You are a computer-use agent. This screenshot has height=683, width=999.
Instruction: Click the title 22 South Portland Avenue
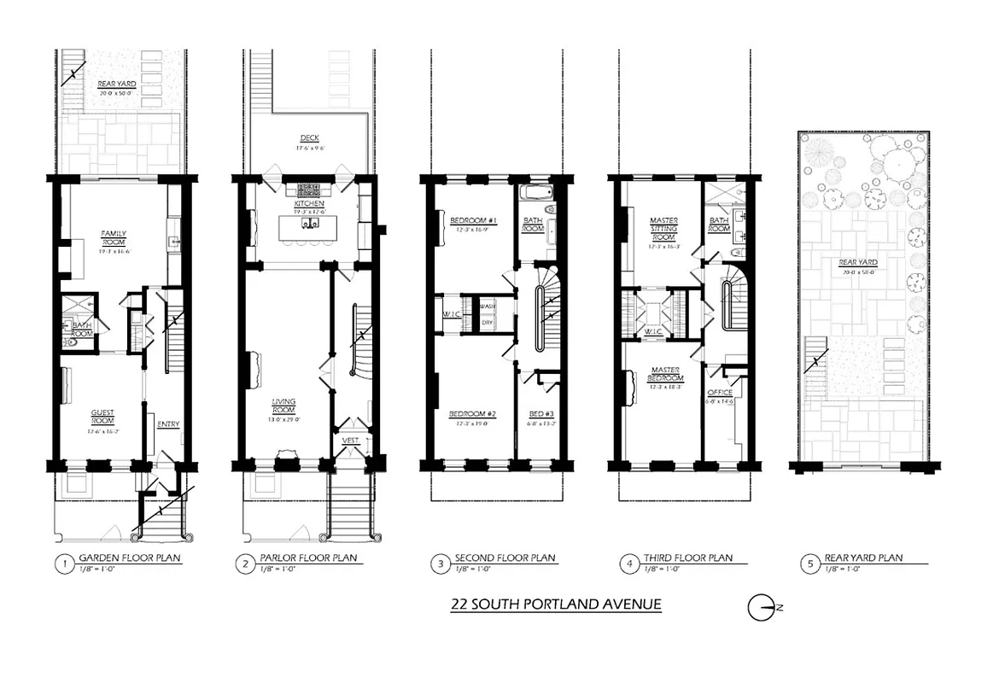pyautogui.click(x=556, y=605)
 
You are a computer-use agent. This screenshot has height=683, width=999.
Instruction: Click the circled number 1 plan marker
pyautogui.click(x=61, y=563)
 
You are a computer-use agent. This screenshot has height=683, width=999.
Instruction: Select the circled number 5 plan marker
pyautogui.click(x=808, y=563)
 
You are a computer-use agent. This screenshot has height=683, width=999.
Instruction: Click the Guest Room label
pyautogui.click(x=103, y=417)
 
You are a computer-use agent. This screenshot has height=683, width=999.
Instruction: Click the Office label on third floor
pyautogui.click(x=720, y=393)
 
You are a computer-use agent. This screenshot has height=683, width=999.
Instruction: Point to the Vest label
pyautogui.click(x=351, y=441)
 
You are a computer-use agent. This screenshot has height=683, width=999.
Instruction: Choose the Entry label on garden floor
pyautogui.click(x=168, y=425)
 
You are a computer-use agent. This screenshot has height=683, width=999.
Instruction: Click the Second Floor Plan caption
pyautogui.click(x=506, y=558)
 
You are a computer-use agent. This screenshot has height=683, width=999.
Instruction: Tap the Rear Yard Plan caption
pyautogui.click(x=863, y=558)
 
